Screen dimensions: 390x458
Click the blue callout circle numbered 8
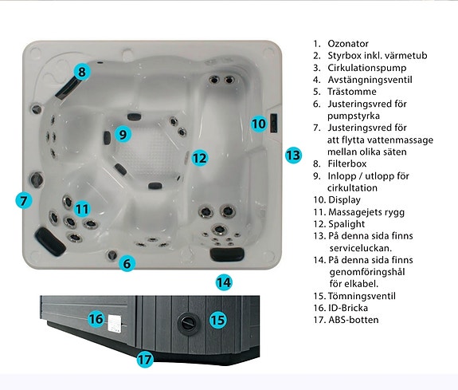coord(81,72)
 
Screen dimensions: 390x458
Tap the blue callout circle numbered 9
coord(122,134)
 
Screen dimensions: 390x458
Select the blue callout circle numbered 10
coord(258,124)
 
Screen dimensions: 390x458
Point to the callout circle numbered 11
coord(82,209)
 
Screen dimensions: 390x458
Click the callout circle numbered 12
coord(199,158)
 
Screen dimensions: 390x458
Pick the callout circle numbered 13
coord(294,155)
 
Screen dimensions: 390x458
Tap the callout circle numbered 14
coord(224,282)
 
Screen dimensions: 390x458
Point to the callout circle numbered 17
coord(144,360)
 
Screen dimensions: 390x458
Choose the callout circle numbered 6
coord(127,262)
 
